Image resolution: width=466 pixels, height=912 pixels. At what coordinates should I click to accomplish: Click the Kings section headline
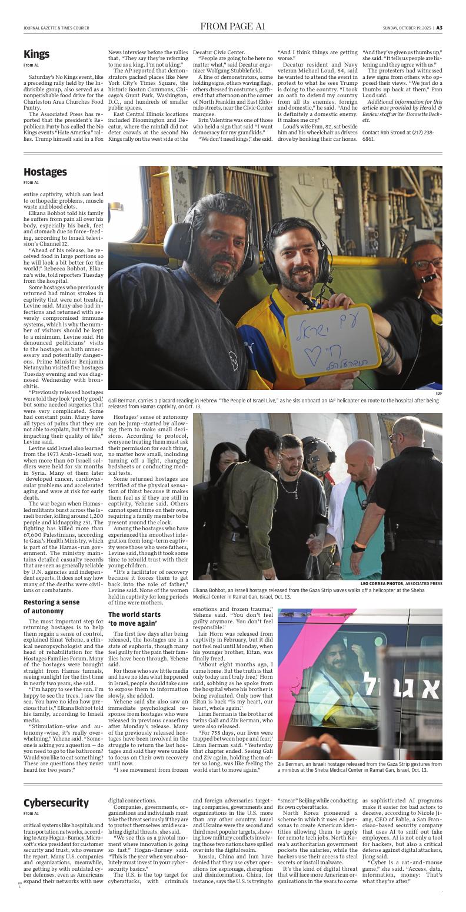click(x=36, y=54)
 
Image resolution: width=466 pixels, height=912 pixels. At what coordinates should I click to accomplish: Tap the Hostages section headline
click(x=45, y=172)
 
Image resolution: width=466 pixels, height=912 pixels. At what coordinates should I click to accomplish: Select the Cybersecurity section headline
click(x=56, y=803)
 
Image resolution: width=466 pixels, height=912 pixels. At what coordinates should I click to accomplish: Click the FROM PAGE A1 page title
click(x=233, y=27)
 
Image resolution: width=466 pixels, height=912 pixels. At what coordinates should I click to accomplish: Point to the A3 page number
click(x=439, y=27)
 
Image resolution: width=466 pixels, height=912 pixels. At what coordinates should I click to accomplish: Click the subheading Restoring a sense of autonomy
click(x=51, y=606)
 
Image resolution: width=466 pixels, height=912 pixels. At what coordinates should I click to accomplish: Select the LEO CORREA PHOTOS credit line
click(x=401, y=584)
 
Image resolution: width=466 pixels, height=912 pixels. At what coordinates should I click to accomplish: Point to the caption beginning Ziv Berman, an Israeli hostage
click(x=359, y=766)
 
